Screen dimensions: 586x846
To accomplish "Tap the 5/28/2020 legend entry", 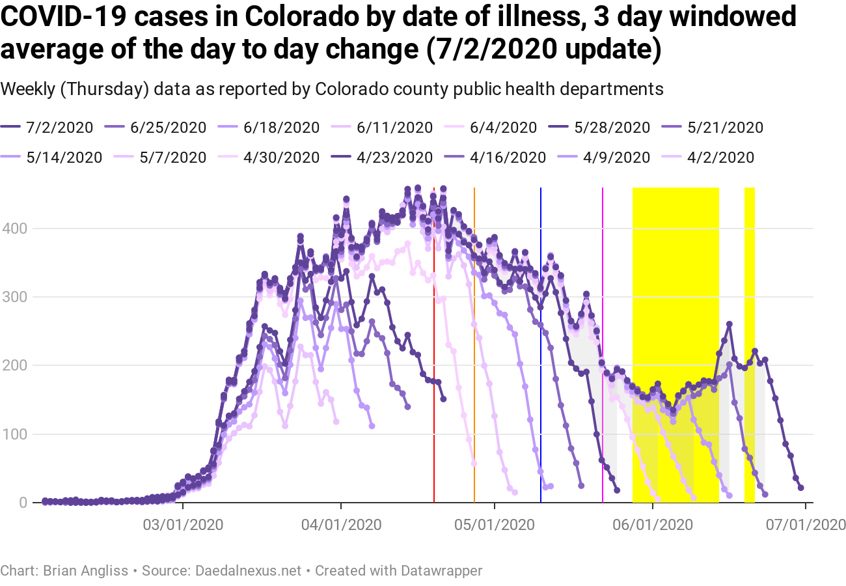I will (x=612, y=127).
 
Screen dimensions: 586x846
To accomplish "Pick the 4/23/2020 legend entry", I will (x=394, y=157).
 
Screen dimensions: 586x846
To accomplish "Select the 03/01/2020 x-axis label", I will (x=183, y=523).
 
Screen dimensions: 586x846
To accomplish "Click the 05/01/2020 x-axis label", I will (x=495, y=523).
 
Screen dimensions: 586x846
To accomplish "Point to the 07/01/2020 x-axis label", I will (x=806, y=523).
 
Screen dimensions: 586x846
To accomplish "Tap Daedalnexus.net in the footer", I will (x=249, y=571).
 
